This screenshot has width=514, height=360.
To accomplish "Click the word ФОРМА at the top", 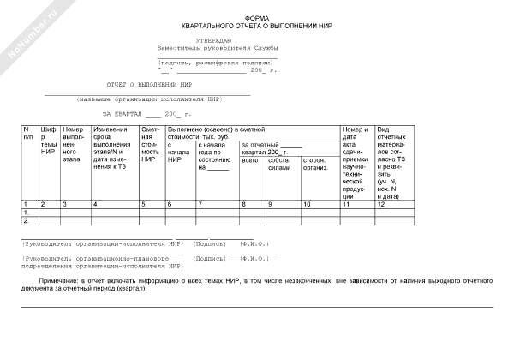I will point(256,17).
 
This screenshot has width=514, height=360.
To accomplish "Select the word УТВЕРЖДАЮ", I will point(213,39).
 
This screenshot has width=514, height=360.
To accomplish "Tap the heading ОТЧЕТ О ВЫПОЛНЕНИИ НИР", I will point(148,86).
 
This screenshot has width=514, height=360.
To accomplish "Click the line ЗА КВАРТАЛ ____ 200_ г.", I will point(147,114).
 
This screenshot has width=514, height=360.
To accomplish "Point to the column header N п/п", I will point(27,132).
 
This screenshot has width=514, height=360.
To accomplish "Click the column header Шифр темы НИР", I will point(48,141).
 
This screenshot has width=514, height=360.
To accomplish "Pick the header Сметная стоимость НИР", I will point(151,143).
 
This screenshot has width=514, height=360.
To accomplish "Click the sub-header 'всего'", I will point(250,159).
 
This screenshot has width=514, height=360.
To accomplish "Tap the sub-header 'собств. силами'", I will point(279,164).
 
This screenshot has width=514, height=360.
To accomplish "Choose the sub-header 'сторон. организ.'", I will point(315,164).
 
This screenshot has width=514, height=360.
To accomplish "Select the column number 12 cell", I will point(383,204).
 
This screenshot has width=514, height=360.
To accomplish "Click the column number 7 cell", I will point(200,204).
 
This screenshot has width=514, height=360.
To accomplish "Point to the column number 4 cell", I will point(95,204).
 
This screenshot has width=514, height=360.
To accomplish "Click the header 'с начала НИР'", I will point(177,153).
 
